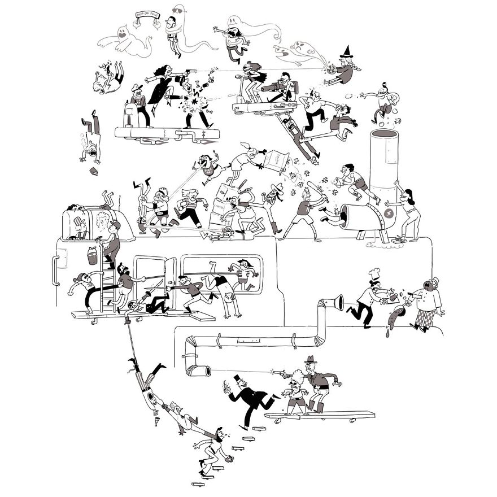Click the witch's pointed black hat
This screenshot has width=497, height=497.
tap(346, 56)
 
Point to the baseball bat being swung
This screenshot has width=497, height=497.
tap(314, 187)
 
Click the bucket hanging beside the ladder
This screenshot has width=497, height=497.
tap(91, 256)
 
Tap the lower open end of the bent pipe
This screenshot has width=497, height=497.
tap(198, 370)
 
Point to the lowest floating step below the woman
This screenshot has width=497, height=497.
tap(198, 483)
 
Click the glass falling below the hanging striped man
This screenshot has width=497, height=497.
tap(156, 421)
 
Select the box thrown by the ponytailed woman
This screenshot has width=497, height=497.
tap(278, 162)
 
